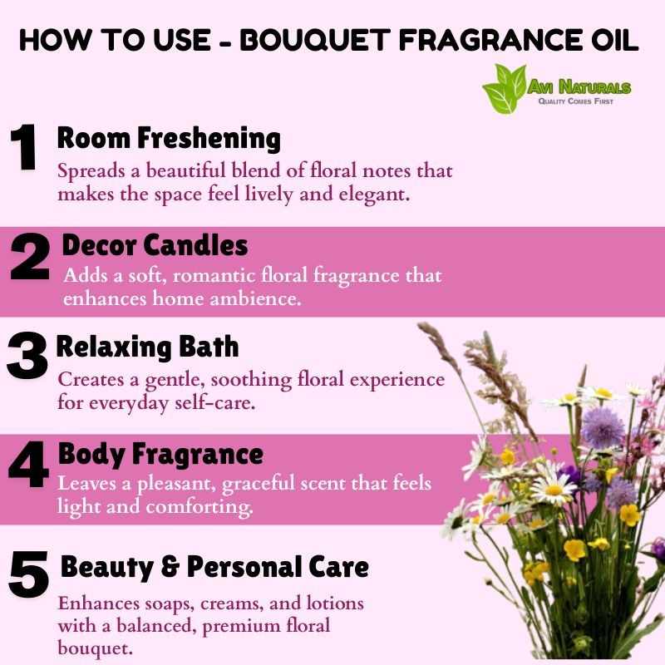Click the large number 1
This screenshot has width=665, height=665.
click(x=24, y=147)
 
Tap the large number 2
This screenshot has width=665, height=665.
click(x=30, y=257)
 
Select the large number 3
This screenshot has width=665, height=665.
click(x=27, y=356)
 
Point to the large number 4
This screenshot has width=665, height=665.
click(x=28, y=464)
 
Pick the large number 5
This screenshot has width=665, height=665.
click(x=28, y=574)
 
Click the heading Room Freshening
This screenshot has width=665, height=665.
click(x=169, y=139)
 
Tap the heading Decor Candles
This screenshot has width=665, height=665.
click(x=155, y=245)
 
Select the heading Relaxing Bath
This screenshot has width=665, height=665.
click(x=148, y=347)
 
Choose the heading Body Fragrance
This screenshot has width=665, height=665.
click(x=160, y=454)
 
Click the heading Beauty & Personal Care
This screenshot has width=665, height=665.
click(x=214, y=567)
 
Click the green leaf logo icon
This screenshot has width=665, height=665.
click(x=505, y=89)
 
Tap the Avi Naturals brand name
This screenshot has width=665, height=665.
click(x=579, y=87)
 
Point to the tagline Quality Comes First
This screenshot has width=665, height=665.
click(x=575, y=101)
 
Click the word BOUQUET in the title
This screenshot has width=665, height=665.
click(x=315, y=40)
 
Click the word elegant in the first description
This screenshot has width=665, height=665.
click(x=374, y=195)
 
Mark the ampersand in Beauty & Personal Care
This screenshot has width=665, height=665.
click(x=170, y=567)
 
